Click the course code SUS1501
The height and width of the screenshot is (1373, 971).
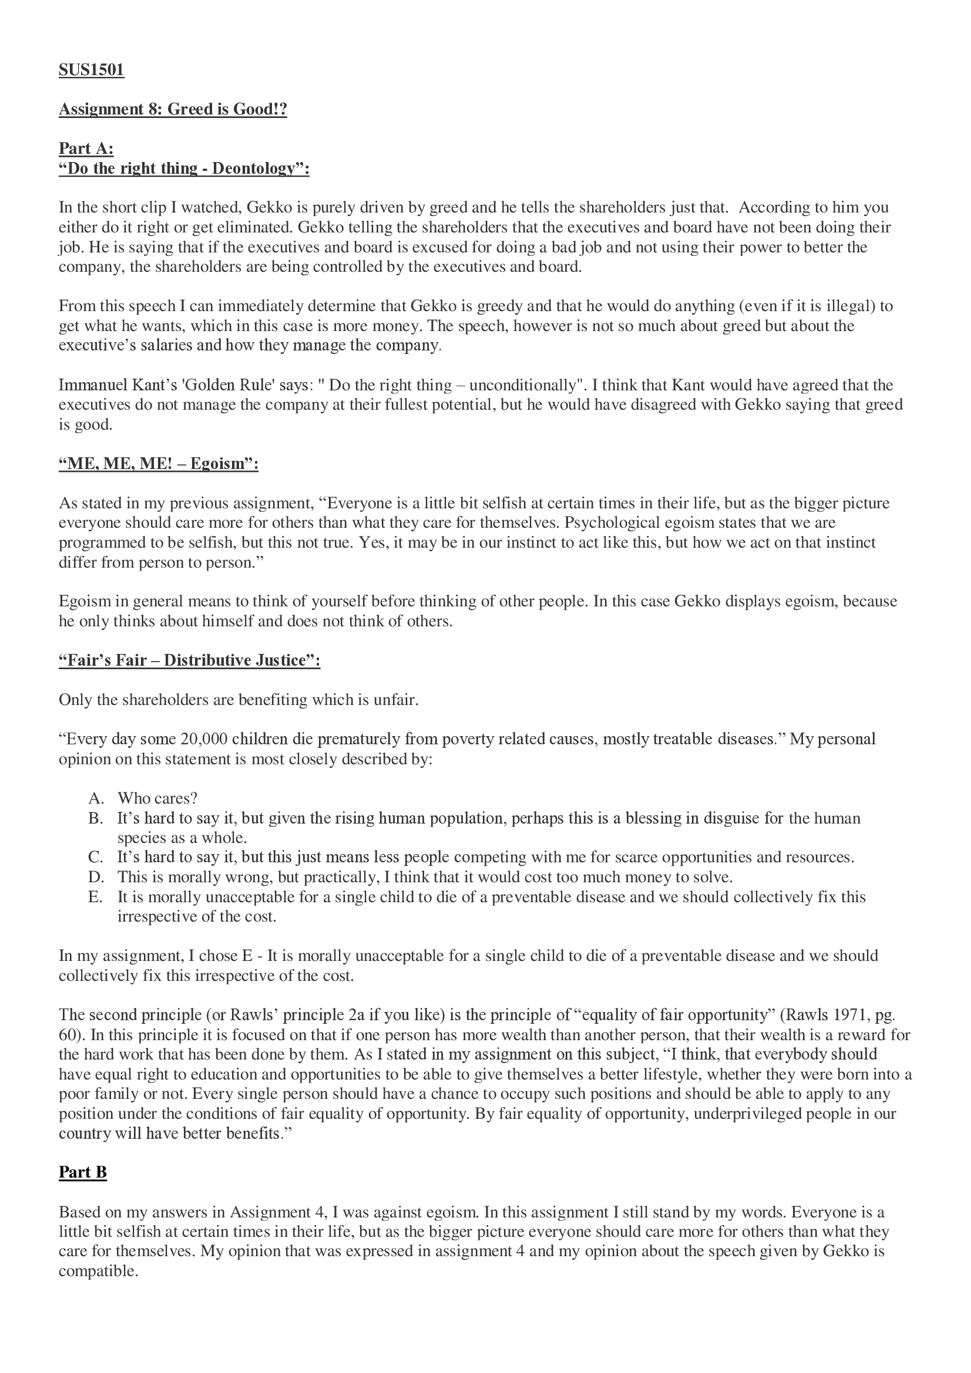(91, 70)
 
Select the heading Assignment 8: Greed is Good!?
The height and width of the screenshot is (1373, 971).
(172, 109)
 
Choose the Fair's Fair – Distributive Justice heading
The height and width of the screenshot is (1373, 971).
(189, 660)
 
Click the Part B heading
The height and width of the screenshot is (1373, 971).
(83, 1172)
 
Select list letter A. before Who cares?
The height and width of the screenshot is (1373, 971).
(96, 798)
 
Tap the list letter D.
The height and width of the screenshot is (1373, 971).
(96, 877)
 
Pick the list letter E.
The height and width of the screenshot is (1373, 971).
(95, 897)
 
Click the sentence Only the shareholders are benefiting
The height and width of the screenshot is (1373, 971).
(238, 700)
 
